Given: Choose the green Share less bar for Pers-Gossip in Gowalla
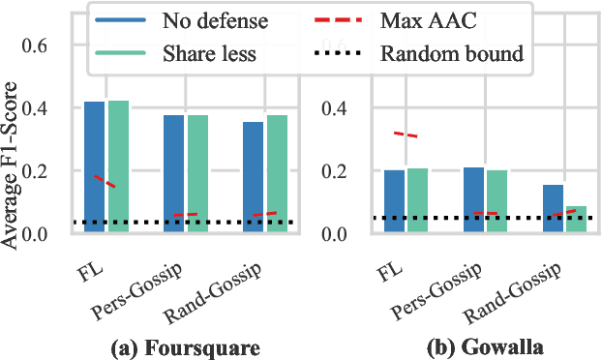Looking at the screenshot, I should [x=497, y=201].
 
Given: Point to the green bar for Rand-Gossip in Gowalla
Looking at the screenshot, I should [x=577, y=220].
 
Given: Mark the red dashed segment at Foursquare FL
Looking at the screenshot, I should [x=105, y=181].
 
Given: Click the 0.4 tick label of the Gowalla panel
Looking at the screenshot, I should [x=345, y=108].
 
